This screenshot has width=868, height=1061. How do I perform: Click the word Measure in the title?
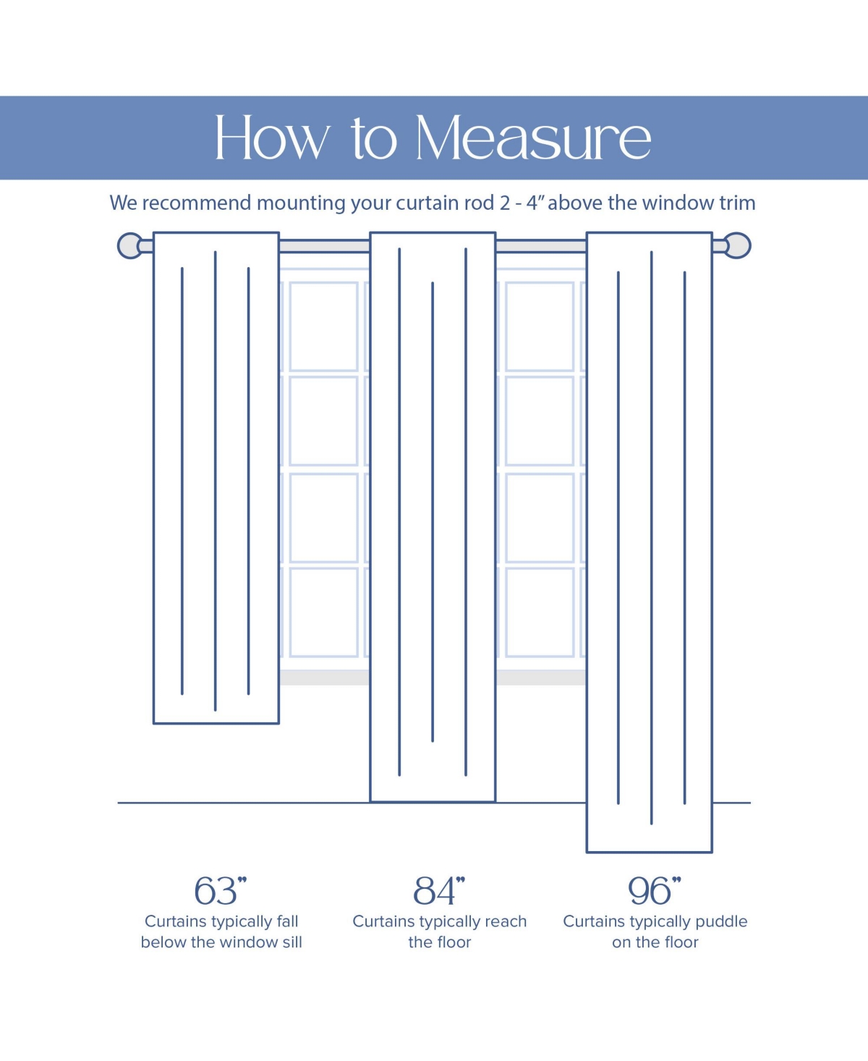[x=533, y=138]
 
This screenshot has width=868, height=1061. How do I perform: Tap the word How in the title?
[x=271, y=138]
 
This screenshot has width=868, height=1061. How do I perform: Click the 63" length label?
[x=220, y=890]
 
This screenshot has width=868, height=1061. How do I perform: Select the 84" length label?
[x=438, y=890]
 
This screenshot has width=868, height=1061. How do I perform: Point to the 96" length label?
[x=654, y=890]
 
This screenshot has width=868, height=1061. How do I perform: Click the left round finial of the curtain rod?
[x=130, y=246]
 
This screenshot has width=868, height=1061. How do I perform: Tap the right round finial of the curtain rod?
[x=737, y=245]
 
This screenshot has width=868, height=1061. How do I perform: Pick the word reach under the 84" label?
[x=506, y=921]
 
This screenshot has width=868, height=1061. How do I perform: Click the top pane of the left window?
[x=323, y=326]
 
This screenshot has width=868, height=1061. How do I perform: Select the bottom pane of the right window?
[x=540, y=612]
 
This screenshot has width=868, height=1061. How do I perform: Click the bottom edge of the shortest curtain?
[x=216, y=722]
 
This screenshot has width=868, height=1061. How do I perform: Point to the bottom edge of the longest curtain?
[x=649, y=852]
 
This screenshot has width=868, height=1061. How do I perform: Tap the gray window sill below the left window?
[x=324, y=677]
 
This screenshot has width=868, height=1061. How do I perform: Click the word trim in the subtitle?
[x=737, y=203]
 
